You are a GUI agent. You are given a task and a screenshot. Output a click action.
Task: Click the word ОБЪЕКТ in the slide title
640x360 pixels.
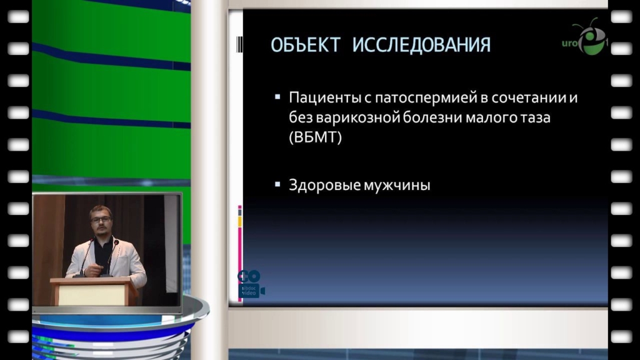click(x=305, y=45)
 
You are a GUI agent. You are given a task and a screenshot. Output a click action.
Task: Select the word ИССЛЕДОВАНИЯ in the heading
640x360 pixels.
click(x=421, y=45)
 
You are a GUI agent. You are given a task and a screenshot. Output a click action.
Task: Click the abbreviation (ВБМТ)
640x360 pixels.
click(x=315, y=137)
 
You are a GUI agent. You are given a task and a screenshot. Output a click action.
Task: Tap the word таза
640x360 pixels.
click(x=536, y=118)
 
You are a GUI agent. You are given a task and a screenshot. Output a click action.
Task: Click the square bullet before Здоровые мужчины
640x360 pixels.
click(x=277, y=184)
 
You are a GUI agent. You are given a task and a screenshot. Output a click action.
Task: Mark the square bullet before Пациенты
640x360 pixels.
click(x=277, y=97)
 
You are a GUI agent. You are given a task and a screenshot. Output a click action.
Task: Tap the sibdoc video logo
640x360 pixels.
click(x=250, y=284)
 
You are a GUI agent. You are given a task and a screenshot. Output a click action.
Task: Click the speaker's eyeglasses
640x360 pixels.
click(x=101, y=219)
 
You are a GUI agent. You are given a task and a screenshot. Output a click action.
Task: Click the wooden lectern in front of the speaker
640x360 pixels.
click(x=94, y=291)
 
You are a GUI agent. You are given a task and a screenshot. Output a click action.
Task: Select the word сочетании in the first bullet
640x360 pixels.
click(x=529, y=98)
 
